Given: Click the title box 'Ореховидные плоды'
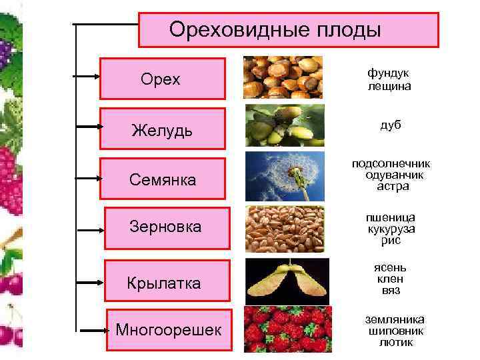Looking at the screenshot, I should (288, 30).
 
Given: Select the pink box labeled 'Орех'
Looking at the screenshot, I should (163, 79).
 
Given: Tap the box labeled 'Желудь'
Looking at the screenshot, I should (163, 129).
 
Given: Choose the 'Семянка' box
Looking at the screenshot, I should (163, 179).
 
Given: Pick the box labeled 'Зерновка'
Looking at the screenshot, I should (167, 227).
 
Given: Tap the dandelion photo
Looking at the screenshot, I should (285, 175).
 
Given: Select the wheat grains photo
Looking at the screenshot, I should (285, 228).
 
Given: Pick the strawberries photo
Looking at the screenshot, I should (285, 328).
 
